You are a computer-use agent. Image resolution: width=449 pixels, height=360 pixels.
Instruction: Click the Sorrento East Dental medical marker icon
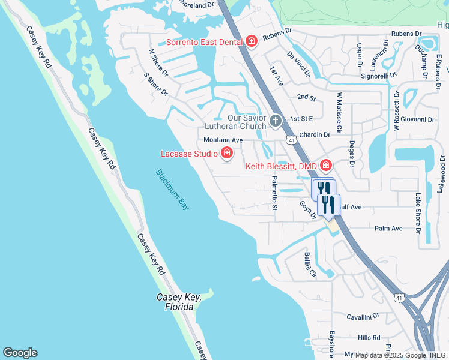point(252,41)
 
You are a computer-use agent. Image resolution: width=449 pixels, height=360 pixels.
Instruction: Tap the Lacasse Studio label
point(189,154)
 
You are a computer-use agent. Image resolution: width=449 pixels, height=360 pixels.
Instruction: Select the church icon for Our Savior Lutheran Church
point(276,122)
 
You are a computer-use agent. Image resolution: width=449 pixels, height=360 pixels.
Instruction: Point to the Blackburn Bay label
point(173,189)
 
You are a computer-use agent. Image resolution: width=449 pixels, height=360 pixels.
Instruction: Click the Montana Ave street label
point(223,140)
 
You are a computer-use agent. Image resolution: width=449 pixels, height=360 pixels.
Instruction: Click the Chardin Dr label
point(315,135)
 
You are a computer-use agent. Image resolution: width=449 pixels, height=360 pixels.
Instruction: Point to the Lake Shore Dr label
point(418,212)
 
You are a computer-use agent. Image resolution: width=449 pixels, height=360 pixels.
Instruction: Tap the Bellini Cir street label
point(309,265)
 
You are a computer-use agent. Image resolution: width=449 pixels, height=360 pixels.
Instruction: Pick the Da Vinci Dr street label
point(298,64)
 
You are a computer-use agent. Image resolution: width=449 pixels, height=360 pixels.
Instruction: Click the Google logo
point(20,353)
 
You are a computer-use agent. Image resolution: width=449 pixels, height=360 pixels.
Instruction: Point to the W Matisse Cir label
point(339,112)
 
